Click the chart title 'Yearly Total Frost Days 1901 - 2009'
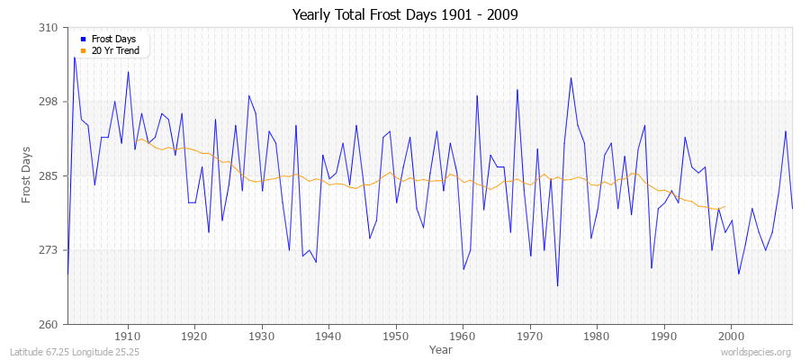tap(405, 15)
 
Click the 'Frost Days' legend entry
tap(113, 40)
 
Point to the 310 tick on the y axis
tap(49, 28)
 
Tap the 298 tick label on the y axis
tap(49, 102)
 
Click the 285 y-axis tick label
tap(49, 175)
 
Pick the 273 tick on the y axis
tap(49, 250)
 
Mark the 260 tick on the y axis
tap(49, 324)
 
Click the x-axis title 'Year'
tap(441, 348)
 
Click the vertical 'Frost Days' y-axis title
tap(26, 175)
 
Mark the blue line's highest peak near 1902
tap(75, 58)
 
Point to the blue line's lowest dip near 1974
tap(557, 286)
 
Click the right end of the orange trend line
tap(724, 206)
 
